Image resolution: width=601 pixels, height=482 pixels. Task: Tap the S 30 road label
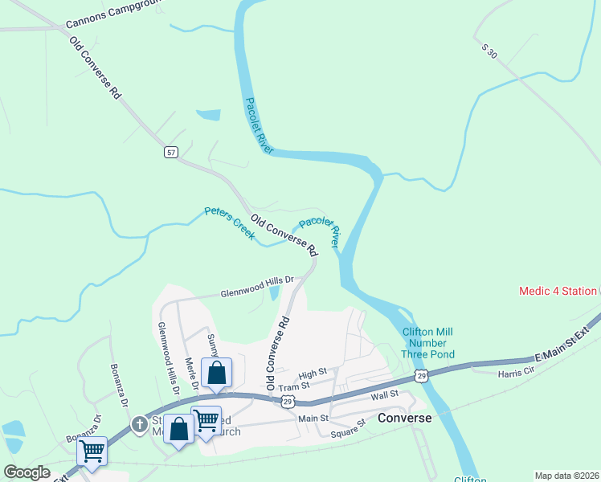click(489, 49)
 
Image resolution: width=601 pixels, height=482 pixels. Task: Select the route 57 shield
click(171, 152)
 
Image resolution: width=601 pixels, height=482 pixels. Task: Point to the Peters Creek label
click(229, 223)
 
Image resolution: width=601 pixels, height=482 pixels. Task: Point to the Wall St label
click(385, 395)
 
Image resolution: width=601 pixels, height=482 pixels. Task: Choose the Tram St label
click(288, 386)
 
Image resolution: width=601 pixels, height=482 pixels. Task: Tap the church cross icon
click(138, 423)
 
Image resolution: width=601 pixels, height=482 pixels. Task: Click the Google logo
click(27, 472)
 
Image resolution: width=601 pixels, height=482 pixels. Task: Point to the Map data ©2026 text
click(567, 476)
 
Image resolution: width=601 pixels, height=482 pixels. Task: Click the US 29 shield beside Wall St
click(421, 376)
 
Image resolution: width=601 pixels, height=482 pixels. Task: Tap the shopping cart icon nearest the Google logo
click(92, 451)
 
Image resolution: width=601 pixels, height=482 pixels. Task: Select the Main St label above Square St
click(313, 419)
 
